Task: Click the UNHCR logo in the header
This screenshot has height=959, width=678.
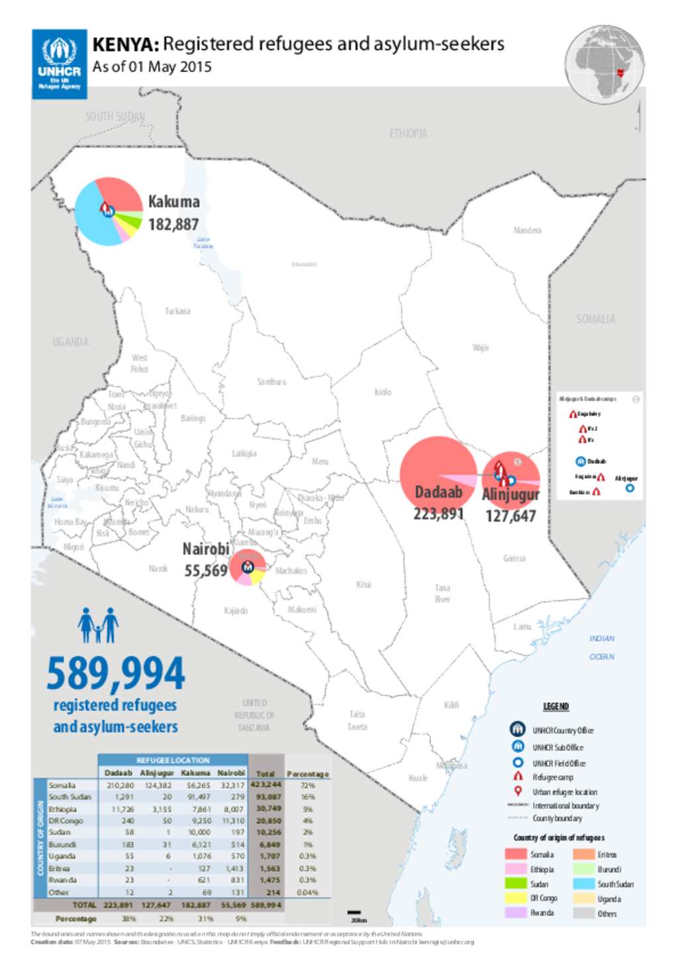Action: (x=60, y=64)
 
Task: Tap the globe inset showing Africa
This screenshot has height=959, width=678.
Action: (x=605, y=64)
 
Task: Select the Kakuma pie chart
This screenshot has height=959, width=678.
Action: (x=109, y=211)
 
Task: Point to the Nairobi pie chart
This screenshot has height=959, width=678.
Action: (x=248, y=567)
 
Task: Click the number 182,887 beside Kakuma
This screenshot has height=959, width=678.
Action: (x=173, y=225)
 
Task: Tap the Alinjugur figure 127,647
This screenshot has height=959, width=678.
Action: (x=510, y=516)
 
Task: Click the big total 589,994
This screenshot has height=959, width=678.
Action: (x=116, y=674)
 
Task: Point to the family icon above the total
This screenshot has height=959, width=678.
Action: (x=98, y=625)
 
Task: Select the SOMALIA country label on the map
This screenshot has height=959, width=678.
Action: (x=595, y=320)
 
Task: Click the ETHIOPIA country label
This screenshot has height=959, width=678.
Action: (x=408, y=134)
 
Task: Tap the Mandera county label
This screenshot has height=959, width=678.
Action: (x=527, y=230)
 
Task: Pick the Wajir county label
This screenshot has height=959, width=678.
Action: (x=481, y=347)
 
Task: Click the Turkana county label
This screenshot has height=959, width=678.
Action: (x=177, y=311)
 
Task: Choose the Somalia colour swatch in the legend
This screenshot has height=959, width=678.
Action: (x=516, y=854)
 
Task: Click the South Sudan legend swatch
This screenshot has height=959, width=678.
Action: (x=583, y=884)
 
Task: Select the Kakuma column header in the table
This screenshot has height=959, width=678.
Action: (x=195, y=772)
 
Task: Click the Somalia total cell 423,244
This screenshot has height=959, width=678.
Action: (x=266, y=785)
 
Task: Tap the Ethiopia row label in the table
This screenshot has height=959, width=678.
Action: (x=62, y=809)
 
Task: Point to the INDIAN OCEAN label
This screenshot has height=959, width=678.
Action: (x=602, y=647)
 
